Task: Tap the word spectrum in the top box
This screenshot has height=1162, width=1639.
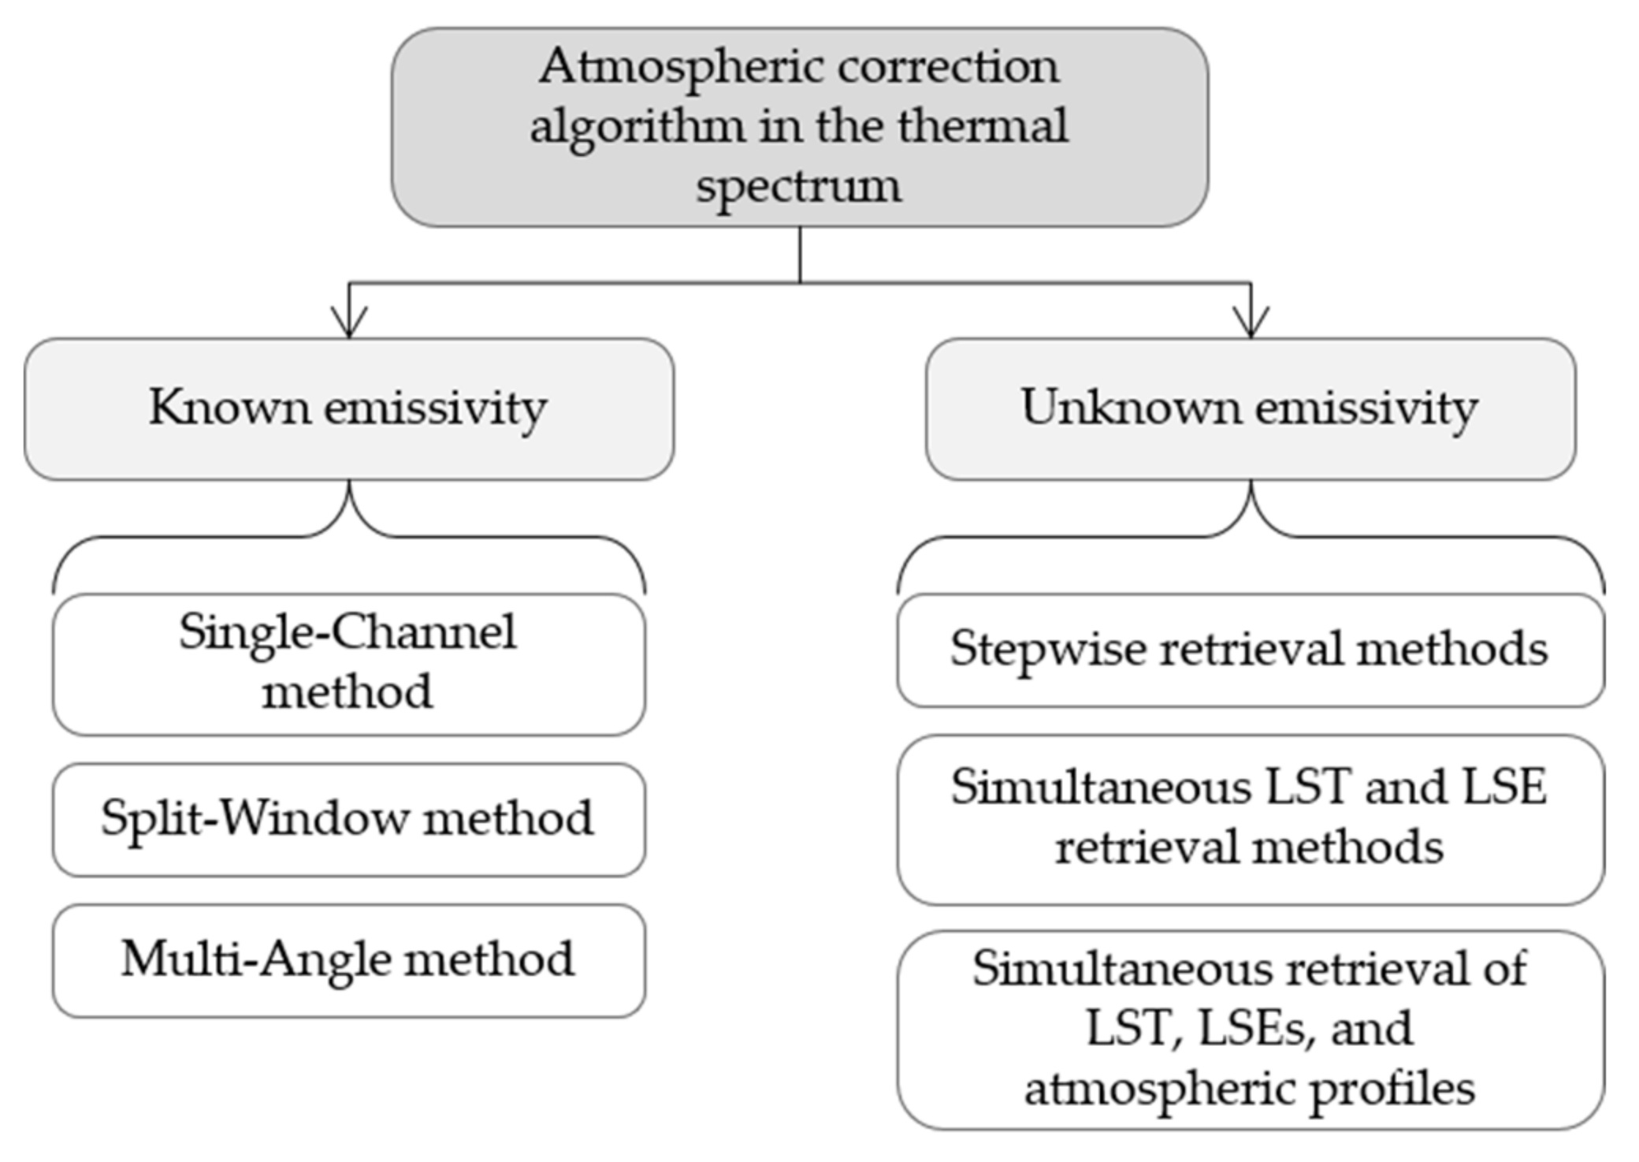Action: tap(798, 187)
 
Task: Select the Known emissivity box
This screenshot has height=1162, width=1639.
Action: tap(349, 409)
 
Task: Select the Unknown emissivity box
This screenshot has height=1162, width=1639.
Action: tap(1250, 409)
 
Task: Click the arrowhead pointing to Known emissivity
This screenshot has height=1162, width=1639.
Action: tap(349, 322)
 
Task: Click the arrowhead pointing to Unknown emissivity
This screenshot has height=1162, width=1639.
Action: tap(1251, 322)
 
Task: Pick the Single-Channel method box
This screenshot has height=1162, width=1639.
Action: tap(349, 665)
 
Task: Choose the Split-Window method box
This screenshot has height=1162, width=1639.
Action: tap(349, 819)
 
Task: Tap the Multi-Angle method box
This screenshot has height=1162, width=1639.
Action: tap(349, 960)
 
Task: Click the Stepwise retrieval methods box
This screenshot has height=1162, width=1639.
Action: tap(1250, 650)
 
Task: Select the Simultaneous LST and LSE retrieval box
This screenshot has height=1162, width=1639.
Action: tap(1250, 820)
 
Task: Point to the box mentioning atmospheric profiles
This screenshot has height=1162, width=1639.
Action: tap(1250, 1030)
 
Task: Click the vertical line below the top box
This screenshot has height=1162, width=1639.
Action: tap(800, 254)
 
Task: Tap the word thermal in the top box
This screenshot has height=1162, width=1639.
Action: tap(982, 127)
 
